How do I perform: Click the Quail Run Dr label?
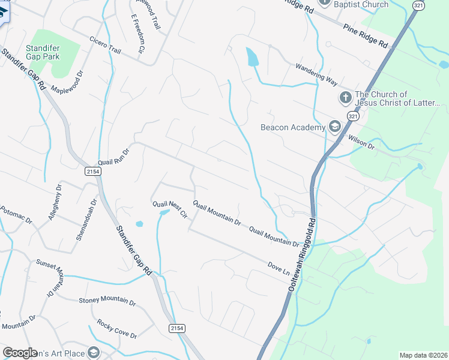click(x=113, y=158)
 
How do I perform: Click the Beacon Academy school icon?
click(x=334, y=127)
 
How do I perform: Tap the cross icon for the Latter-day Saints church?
click(x=345, y=97)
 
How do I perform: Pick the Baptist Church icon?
click(x=325, y=2)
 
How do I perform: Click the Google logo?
click(x=20, y=353)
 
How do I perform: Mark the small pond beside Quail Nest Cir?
click(x=139, y=224)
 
